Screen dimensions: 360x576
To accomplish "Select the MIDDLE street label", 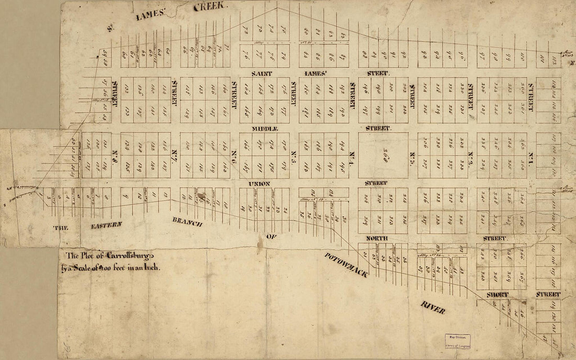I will [x=264, y=128].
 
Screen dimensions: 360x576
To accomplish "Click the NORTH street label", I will [x=376, y=239].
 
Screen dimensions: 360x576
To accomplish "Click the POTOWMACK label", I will [x=345, y=265].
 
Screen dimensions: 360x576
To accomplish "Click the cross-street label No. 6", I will [x=234, y=155].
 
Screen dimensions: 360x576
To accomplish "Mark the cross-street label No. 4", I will [x=352, y=155].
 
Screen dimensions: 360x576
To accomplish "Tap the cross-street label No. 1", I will [x=530, y=155].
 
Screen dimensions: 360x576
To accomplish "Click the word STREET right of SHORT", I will [x=548, y=295].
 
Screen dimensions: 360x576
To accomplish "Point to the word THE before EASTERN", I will [x=61, y=228].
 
